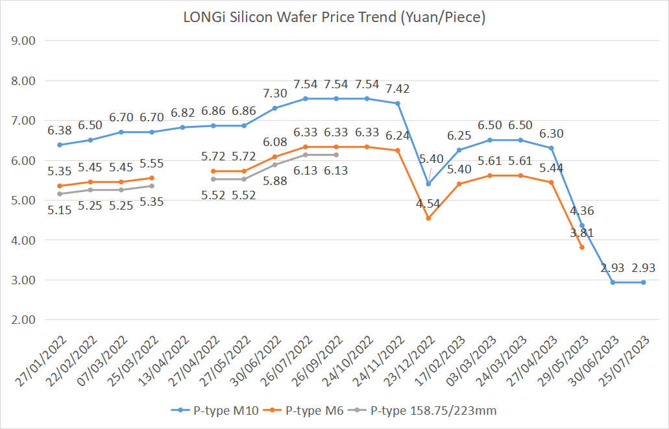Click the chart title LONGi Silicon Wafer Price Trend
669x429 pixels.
334,18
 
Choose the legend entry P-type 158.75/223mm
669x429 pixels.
429,410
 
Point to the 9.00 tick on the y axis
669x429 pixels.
23,41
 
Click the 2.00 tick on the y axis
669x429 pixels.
23,320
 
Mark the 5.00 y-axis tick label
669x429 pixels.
23,201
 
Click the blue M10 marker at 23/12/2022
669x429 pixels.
428,184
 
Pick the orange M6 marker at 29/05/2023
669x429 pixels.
582,247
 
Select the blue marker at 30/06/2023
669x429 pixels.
613,282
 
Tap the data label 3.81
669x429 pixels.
581,232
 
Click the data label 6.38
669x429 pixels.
60,130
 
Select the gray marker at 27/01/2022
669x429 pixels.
60,194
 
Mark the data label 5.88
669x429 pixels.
274,181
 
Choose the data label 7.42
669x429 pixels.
397,89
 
